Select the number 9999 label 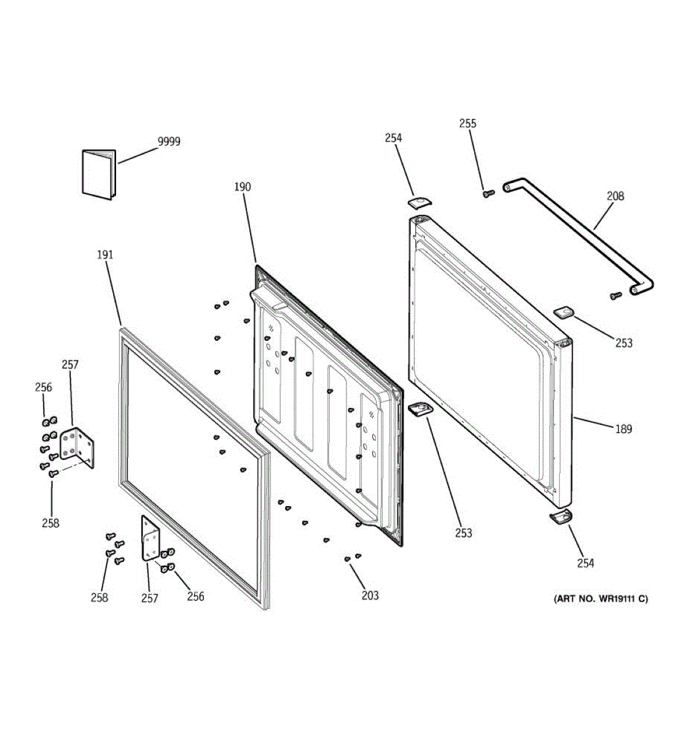(x=169, y=142)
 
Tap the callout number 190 (x=243, y=187)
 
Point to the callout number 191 (x=105, y=254)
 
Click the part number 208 (x=615, y=196)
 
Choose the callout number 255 (x=467, y=123)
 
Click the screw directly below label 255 (x=488, y=193)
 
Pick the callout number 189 (x=623, y=429)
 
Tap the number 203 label (x=370, y=595)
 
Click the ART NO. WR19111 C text (x=601, y=599)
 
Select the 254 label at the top (x=393, y=138)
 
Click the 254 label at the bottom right (x=585, y=563)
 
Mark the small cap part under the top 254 (x=420, y=202)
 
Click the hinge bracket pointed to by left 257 (x=79, y=446)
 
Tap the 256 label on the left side (x=44, y=387)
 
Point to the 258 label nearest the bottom (x=99, y=598)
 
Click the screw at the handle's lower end (x=615, y=296)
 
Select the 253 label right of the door (x=623, y=343)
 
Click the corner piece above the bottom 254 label (x=560, y=517)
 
